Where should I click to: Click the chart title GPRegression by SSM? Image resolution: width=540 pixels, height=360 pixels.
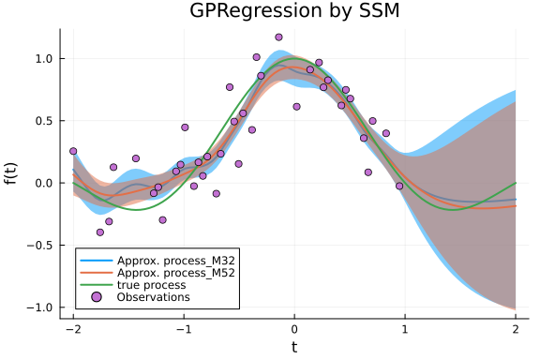pos(294,12)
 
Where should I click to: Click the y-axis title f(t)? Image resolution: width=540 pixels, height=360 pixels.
pos(12,173)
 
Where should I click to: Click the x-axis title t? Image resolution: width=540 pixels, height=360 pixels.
pos(294,348)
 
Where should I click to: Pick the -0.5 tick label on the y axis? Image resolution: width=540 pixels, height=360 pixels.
pos(40,246)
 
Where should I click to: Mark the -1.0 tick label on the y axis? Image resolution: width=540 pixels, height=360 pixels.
pos(40,307)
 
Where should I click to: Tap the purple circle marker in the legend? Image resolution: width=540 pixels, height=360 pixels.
pos(97,297)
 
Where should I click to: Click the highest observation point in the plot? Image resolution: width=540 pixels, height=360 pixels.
pos(278,37)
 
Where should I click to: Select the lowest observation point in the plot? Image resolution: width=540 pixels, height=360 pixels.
pos(100,232)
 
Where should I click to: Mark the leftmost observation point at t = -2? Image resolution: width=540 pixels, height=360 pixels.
pos(73,151)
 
